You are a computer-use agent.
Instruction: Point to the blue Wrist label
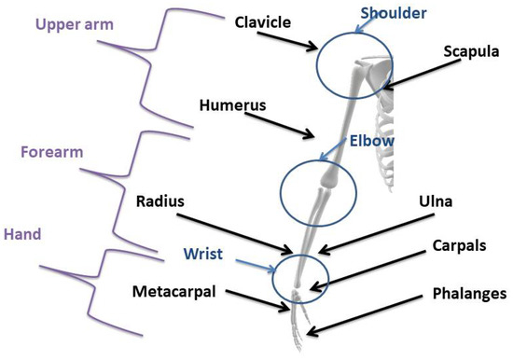click(x=203, y=255)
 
